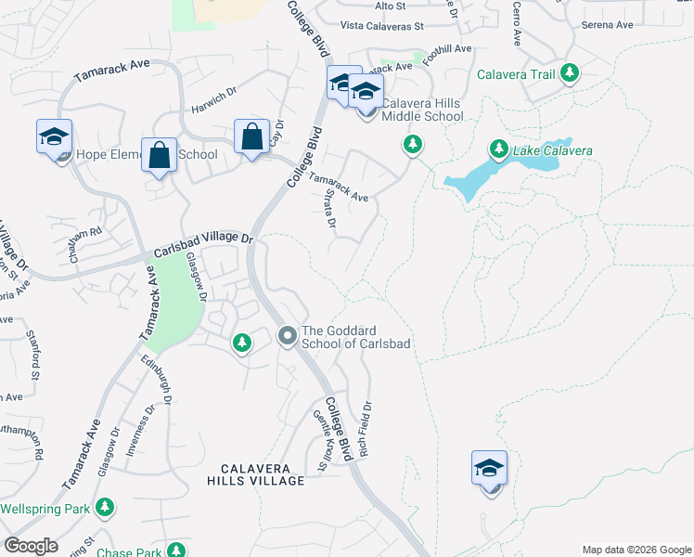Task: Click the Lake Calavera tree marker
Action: [x=498, y=149]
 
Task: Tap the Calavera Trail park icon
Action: [x=570, y=73]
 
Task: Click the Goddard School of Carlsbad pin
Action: [x=288, y=334]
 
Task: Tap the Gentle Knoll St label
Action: [x=323, y=440]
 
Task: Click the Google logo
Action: [x=32, y=546]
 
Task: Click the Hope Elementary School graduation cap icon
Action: [x=55, y=137]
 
